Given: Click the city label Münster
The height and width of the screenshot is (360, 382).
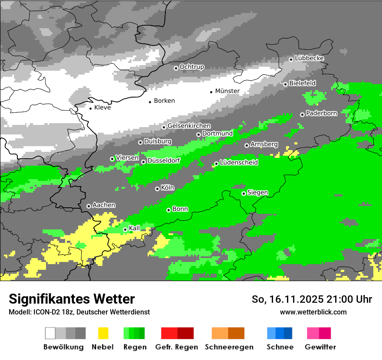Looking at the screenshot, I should tap(227, 91).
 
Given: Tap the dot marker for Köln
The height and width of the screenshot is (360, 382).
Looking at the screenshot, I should tap(157, 189).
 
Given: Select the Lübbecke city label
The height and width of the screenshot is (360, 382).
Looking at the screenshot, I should tap(310, 58).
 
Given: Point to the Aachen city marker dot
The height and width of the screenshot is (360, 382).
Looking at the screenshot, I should tap(89, 206).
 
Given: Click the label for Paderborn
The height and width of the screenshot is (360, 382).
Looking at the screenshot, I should tap(322, 114).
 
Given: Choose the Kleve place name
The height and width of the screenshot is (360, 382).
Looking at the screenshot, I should tap(102, 108).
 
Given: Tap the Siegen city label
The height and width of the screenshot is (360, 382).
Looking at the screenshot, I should tap(258, 193).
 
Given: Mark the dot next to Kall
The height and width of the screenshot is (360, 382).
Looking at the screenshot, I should tap(125, 229).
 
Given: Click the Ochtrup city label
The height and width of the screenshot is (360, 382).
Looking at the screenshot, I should tap(192, 67).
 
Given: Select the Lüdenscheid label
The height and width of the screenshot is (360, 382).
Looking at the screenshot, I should tap(239, 163).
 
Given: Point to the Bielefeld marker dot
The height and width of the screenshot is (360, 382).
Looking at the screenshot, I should tap(285, 84).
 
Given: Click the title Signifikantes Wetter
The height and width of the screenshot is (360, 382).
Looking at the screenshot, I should tap(72, 299).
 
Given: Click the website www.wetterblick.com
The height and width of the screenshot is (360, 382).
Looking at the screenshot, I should tap(313, 312).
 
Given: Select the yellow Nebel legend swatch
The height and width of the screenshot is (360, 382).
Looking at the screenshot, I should tap(103, 333).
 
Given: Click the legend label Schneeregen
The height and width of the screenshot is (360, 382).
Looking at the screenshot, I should tap(229, 347).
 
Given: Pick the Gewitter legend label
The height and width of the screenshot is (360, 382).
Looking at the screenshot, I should tap(320, 347).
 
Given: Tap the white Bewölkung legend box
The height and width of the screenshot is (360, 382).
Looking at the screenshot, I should tap(50, 333).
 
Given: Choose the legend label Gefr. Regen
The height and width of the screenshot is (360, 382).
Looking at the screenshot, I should tap(177, 347).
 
